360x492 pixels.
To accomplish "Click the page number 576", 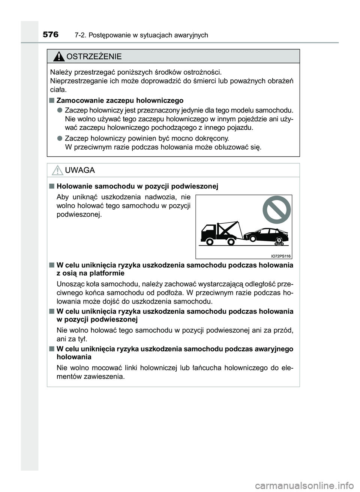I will point(51,35).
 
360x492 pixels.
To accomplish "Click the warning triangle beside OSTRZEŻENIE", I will point(58,57).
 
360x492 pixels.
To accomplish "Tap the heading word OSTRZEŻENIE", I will point(93,57).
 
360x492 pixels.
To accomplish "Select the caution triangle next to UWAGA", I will point(57,171).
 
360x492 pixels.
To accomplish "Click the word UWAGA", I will point(80,170).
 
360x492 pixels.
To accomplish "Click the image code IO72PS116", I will point(281,256).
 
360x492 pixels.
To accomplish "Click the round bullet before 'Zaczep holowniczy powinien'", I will point(60,138).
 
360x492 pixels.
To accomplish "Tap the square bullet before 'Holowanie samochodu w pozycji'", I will point(51,186).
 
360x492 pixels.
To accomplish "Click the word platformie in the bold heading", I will point(106,273).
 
